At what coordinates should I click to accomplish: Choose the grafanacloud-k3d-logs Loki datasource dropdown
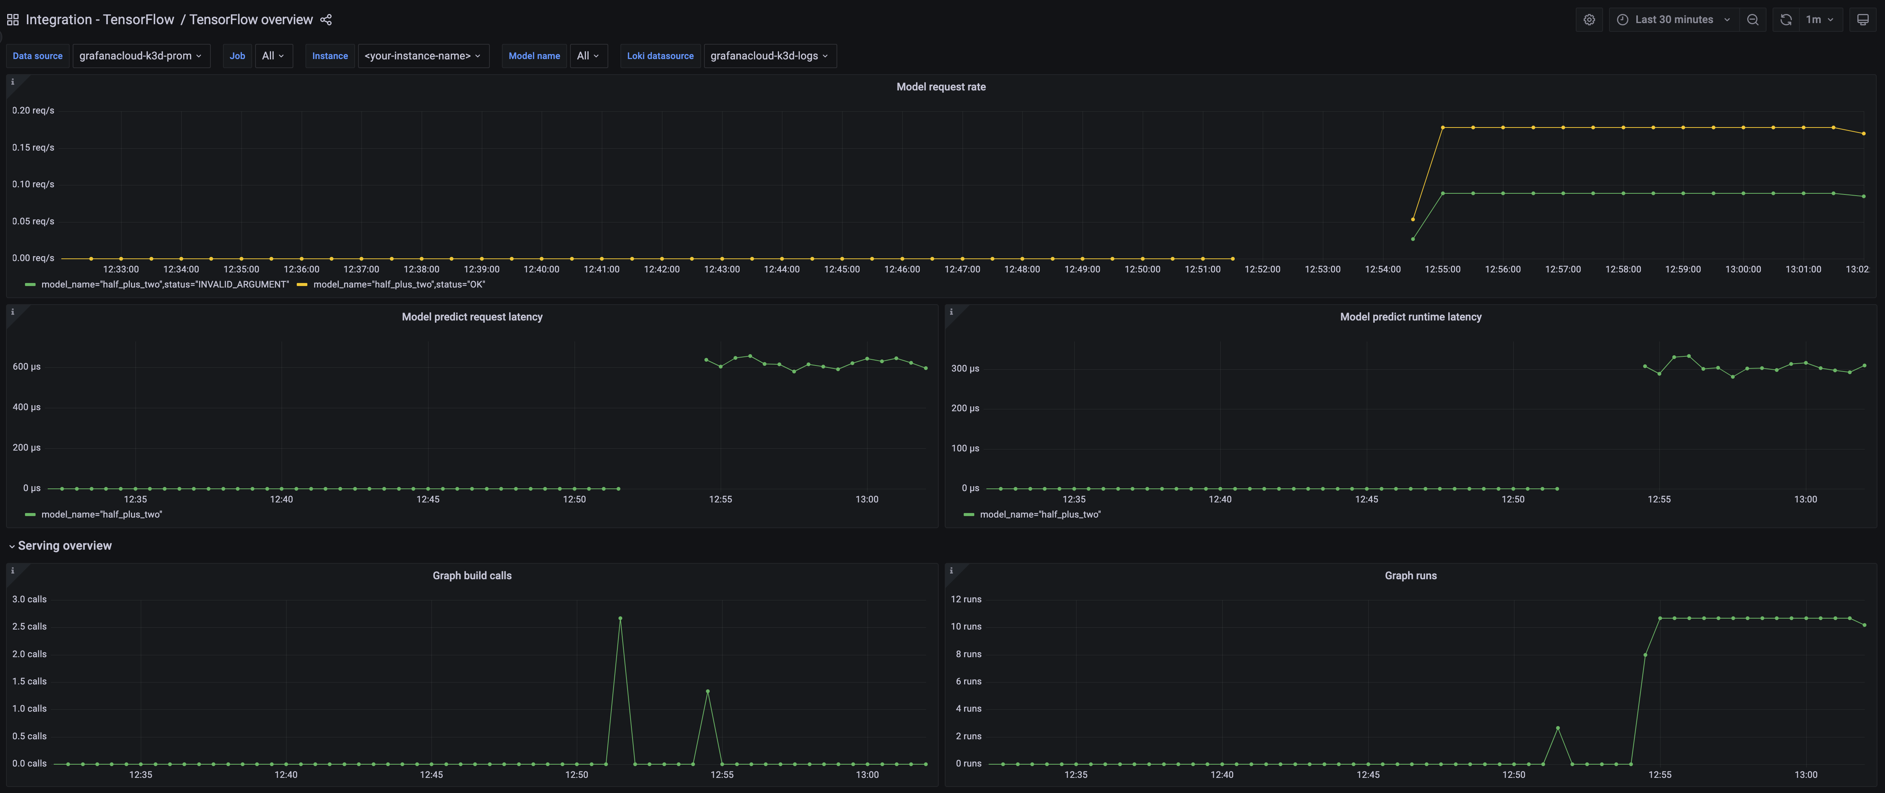click(x=768, y=56)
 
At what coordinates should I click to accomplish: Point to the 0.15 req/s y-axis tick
click(x=33, y=147)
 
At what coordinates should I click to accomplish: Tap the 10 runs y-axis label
click(x=966, y=626)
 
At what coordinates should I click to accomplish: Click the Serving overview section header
click(x=64, y=546)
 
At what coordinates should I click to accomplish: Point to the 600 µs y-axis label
click(x=26, y=367)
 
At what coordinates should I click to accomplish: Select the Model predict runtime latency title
click(x=1410, y=317)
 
